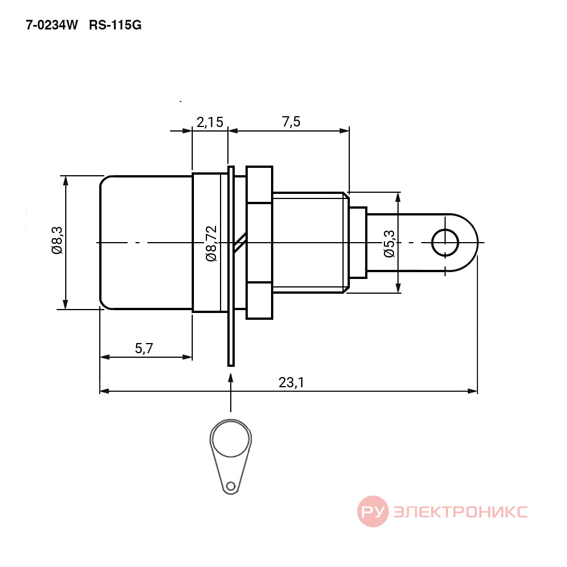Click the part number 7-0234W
click(52, 26)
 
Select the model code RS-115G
click(115, 26)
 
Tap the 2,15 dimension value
click(210, 122)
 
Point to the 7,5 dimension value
click(291, 122)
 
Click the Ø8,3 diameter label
click(57, 240)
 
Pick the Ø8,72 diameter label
click(211, 243)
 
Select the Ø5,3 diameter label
click(390, 244)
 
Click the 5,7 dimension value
click(144, 348)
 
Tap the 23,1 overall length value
click(291, 383)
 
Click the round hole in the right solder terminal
click(445, 243)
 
